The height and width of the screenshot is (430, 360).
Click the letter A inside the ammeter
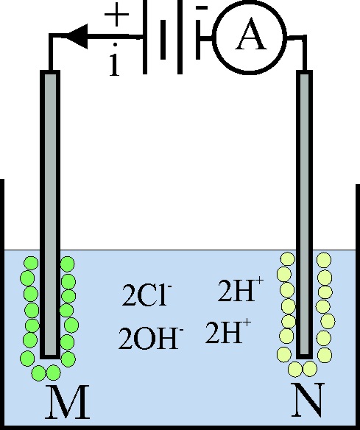251,36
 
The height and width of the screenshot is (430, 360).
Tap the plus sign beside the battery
116,15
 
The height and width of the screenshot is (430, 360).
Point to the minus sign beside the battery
202,8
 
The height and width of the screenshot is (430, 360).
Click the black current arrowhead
77,36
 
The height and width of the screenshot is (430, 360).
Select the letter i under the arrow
115,60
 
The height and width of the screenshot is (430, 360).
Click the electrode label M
68,402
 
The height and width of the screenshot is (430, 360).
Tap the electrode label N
308,400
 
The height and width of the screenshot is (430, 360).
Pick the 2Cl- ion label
147,295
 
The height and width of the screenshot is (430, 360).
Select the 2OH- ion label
150,338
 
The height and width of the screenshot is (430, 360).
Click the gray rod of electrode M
50,215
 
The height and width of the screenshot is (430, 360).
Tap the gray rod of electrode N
304,215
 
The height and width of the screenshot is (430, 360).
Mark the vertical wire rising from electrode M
51,52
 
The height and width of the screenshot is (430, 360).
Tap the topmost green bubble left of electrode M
31,264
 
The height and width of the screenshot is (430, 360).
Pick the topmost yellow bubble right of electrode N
324,260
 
